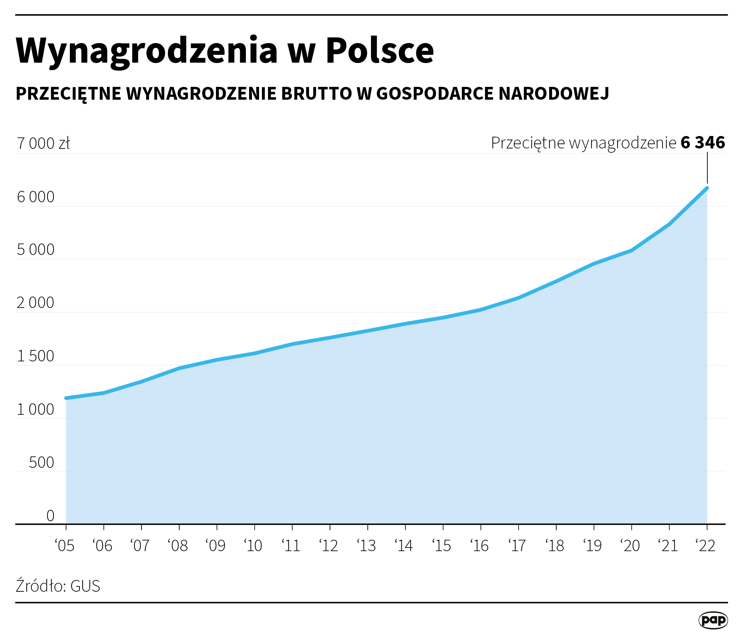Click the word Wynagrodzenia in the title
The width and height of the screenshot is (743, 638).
(146, 51)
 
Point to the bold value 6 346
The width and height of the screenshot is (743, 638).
(702, 143)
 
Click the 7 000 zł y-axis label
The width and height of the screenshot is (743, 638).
(43, 143)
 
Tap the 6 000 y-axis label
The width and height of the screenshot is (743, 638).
(36, 197)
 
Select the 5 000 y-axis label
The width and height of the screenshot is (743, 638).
(36, 250)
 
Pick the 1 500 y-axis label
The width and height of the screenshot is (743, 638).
(36, 356)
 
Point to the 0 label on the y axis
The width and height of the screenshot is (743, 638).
(50, 516)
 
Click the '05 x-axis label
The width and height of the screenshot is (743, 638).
(65, 546)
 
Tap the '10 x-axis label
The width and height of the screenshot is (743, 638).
(253, 546)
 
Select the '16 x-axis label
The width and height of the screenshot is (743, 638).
(479, 546)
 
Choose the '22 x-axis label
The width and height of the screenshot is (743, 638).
(706, 546)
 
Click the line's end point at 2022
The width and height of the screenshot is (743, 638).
(707, 188)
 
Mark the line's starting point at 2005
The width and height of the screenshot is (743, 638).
(66, 398)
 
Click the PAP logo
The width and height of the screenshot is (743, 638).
(713, 620)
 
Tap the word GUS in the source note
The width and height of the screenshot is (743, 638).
(85, 586)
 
